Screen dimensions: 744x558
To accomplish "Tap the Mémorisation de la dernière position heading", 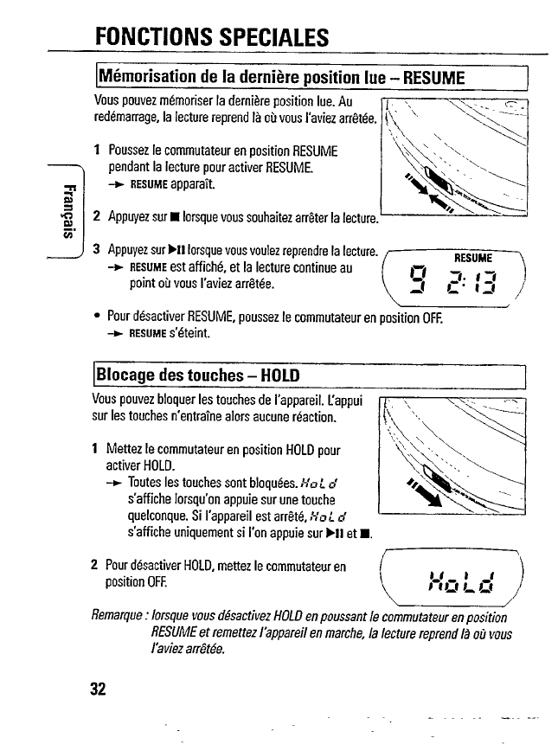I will pyautogui.click(x=281, y=78).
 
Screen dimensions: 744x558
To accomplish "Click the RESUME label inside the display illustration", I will pyautogui.click(x=472, y=257).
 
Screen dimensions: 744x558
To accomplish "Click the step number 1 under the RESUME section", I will pyautogui.click(x=98, y=151).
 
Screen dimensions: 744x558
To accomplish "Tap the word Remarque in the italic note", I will pyautogui.click(x=119, y=617).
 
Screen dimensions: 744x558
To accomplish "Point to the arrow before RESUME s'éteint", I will pyautogui.click(x=117, y=332).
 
